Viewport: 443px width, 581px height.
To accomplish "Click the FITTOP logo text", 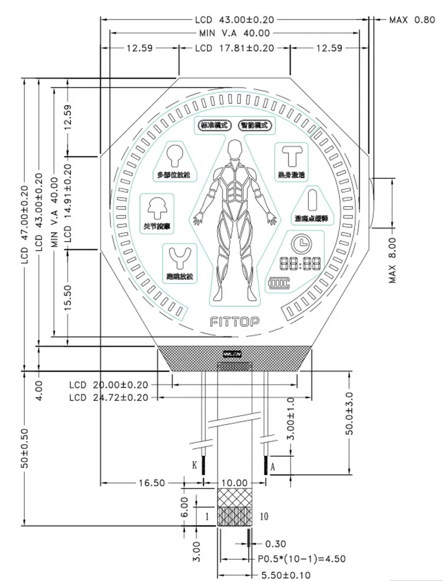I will coord(234,322).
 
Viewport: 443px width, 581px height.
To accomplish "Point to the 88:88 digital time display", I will coord(301,264).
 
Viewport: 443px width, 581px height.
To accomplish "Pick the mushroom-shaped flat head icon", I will coord(156,208).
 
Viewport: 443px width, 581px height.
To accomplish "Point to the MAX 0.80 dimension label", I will coord(412,20).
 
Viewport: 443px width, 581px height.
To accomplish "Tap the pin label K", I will coord(194,465).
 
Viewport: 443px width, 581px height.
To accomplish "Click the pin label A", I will coord(272,466).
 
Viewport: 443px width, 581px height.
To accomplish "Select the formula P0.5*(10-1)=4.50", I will coord(301,558).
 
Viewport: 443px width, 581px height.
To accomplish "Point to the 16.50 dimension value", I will coord(151,483).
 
